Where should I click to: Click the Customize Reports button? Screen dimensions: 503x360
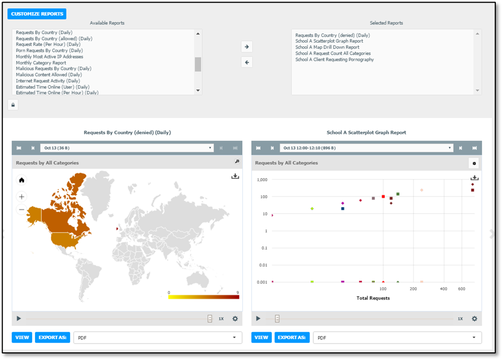coord(37,14)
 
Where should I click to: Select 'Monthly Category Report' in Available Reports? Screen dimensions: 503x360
coord(41,63)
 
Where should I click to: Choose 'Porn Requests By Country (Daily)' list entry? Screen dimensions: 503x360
coord(49,50)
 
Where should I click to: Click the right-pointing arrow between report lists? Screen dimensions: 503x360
coord(247,47)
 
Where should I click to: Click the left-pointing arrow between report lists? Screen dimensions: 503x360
coord(247,62)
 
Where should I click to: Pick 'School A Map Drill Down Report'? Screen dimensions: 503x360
coord(327,47)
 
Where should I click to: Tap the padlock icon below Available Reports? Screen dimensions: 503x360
coord(13,105)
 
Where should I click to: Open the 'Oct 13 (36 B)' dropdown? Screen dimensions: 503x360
coord(127,148)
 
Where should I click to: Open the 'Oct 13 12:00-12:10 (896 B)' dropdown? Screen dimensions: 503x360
coord(366,148)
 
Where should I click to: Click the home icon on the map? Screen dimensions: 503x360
coord(21,180)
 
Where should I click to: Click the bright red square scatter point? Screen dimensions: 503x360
coord(383,197)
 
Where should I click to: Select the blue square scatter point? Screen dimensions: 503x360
coord(343,209)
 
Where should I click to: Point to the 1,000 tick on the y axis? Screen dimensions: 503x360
coord(262,180)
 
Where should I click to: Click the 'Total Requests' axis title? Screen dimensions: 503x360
coord(373,298)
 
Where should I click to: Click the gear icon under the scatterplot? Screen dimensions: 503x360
coord(475,318)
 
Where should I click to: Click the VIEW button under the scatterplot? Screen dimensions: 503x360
coord(261,338)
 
